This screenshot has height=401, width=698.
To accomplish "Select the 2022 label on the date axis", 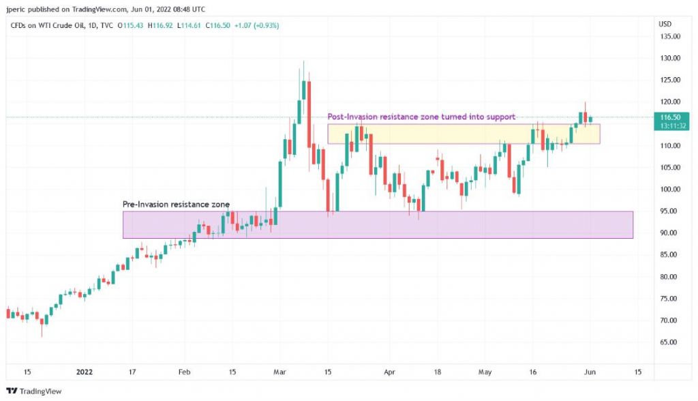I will tap(84, 372).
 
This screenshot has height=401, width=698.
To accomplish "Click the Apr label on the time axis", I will tap(389, 372).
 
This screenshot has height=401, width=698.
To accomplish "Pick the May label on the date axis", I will tap(485, 372).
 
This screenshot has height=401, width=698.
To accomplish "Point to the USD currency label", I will tap(665, 24).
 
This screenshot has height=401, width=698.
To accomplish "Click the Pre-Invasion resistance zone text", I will tap(176, 205).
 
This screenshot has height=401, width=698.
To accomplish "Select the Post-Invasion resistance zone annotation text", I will tap(421, 117).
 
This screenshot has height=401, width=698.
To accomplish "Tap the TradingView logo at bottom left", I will tap(34, 391).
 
